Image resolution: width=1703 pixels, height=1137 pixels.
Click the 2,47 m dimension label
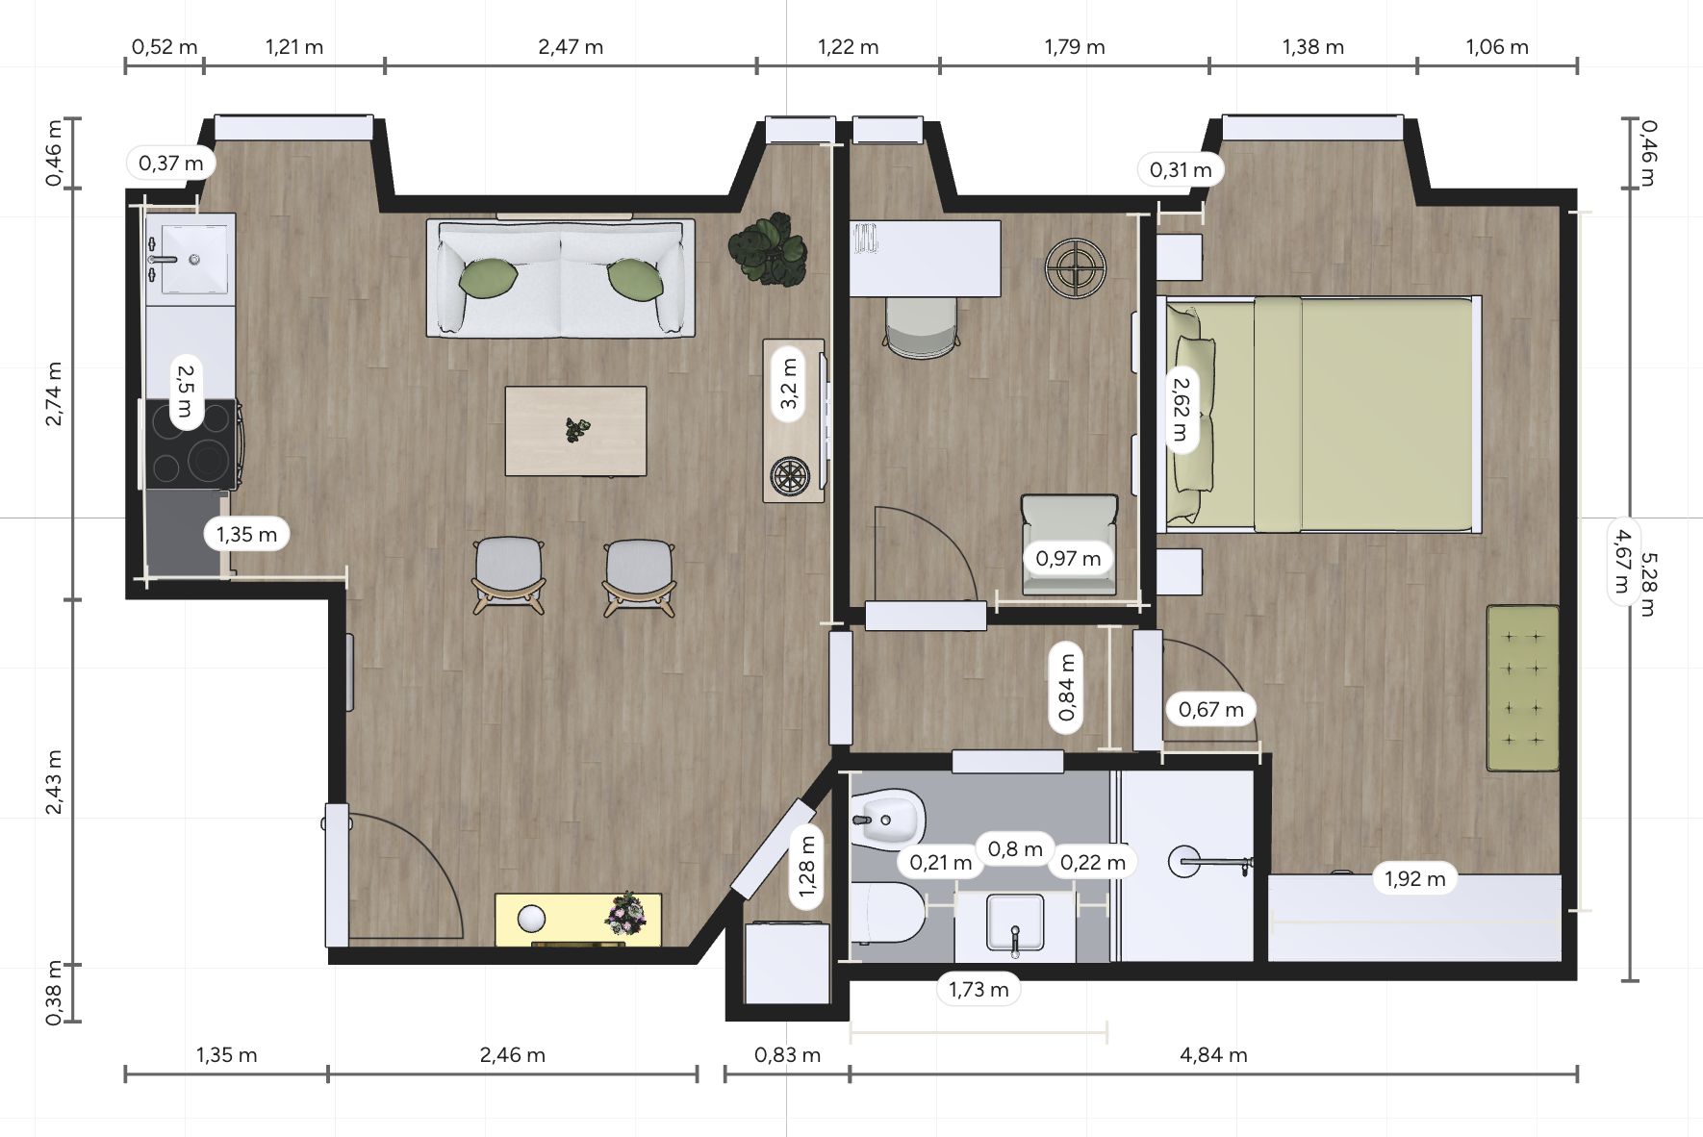click(x=571, y=46)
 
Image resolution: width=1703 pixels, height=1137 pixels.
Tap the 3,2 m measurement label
click(x=789, y=383)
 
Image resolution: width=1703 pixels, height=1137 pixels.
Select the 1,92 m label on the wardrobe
click(x=1414, y=878)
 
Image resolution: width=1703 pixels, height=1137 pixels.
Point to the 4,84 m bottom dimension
click(x=1213, y=1054)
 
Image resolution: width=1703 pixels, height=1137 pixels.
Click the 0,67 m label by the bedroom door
click(x=1210, y=710)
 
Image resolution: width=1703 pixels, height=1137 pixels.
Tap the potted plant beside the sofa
click(x=768, y=250)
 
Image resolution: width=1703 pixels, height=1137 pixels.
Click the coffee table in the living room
click(x=575, y=431)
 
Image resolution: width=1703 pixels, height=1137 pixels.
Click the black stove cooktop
click(x=191, y=443)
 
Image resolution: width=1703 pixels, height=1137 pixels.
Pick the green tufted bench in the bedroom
click(x=1522, y=688)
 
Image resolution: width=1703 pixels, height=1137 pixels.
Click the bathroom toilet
click(x=887, y=912)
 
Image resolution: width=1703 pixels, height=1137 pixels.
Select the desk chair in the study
click(x=922, y=327)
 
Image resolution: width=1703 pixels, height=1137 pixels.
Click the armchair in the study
click(x=1069, y=544)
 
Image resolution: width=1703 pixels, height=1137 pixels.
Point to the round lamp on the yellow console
click(x=531, y=920)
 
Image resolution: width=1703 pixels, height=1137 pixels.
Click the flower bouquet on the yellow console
click(x=626, y=913)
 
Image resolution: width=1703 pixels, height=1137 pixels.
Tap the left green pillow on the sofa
click(x=489, y=278)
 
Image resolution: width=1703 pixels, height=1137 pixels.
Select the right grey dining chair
click(x=640, y=575)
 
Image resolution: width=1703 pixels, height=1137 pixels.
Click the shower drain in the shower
click(x=1182, y=861)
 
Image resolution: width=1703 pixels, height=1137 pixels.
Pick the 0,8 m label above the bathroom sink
click(x=1015, y=849)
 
